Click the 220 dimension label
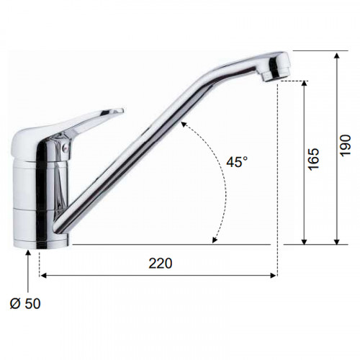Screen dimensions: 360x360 click(x=161, y=264)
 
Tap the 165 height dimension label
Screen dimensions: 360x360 click(x=314, y=159)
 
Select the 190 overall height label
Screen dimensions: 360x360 click(x=346, y=145)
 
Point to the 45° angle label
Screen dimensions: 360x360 click(x=237, y=162)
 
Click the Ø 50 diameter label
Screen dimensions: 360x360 click(x=25, y=304)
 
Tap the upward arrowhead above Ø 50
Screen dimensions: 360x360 click(x=28, y=253)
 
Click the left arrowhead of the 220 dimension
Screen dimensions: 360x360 click(x=42, y=275)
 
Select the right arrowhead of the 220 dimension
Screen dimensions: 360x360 click(x=273, y=275)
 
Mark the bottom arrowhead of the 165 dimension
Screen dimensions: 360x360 click(x=304, y=241)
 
